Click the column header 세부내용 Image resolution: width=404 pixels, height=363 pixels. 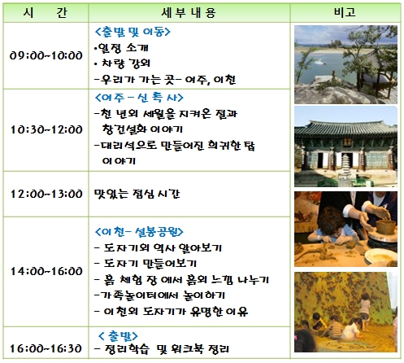pyautogui.click(x=189, y=13)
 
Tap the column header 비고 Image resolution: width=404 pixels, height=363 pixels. pyautogui.click(x=345, y=12)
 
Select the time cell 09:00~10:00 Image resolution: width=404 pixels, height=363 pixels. pyautogui.click(x=46, y=55)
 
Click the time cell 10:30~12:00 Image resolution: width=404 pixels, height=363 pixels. pyautogui.click(x=46, y=129)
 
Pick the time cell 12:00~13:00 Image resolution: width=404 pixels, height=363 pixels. pyautogui.click(x=46, y=194)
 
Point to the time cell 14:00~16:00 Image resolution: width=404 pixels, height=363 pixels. pyautogui.click(x=46, y=271)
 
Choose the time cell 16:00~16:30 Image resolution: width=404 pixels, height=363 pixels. pyautogui.click(x=46, y=348)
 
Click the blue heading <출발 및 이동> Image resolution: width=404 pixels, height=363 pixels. pyautogui.click(x=132, y=32)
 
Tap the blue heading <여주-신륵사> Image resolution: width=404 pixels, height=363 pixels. pyautogui.click(x=139, y=98)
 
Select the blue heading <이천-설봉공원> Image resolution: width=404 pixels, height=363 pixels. pyautogui.click(x=139, y=231)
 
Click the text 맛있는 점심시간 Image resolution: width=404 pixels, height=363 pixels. pyautogui.click(x=137, y=194)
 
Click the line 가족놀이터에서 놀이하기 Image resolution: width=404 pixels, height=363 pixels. pyautogui.click(x=160, y=295)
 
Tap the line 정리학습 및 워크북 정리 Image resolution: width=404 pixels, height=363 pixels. pyautogui.click(x=162, y=348)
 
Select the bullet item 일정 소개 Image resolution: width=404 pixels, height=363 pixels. pyautogui.click(x=121, y=48)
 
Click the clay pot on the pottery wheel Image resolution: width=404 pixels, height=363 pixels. pyautogui.click(x=385, y=226)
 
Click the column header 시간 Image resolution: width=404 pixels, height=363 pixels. pyautogui.click(x=46, y=13)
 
